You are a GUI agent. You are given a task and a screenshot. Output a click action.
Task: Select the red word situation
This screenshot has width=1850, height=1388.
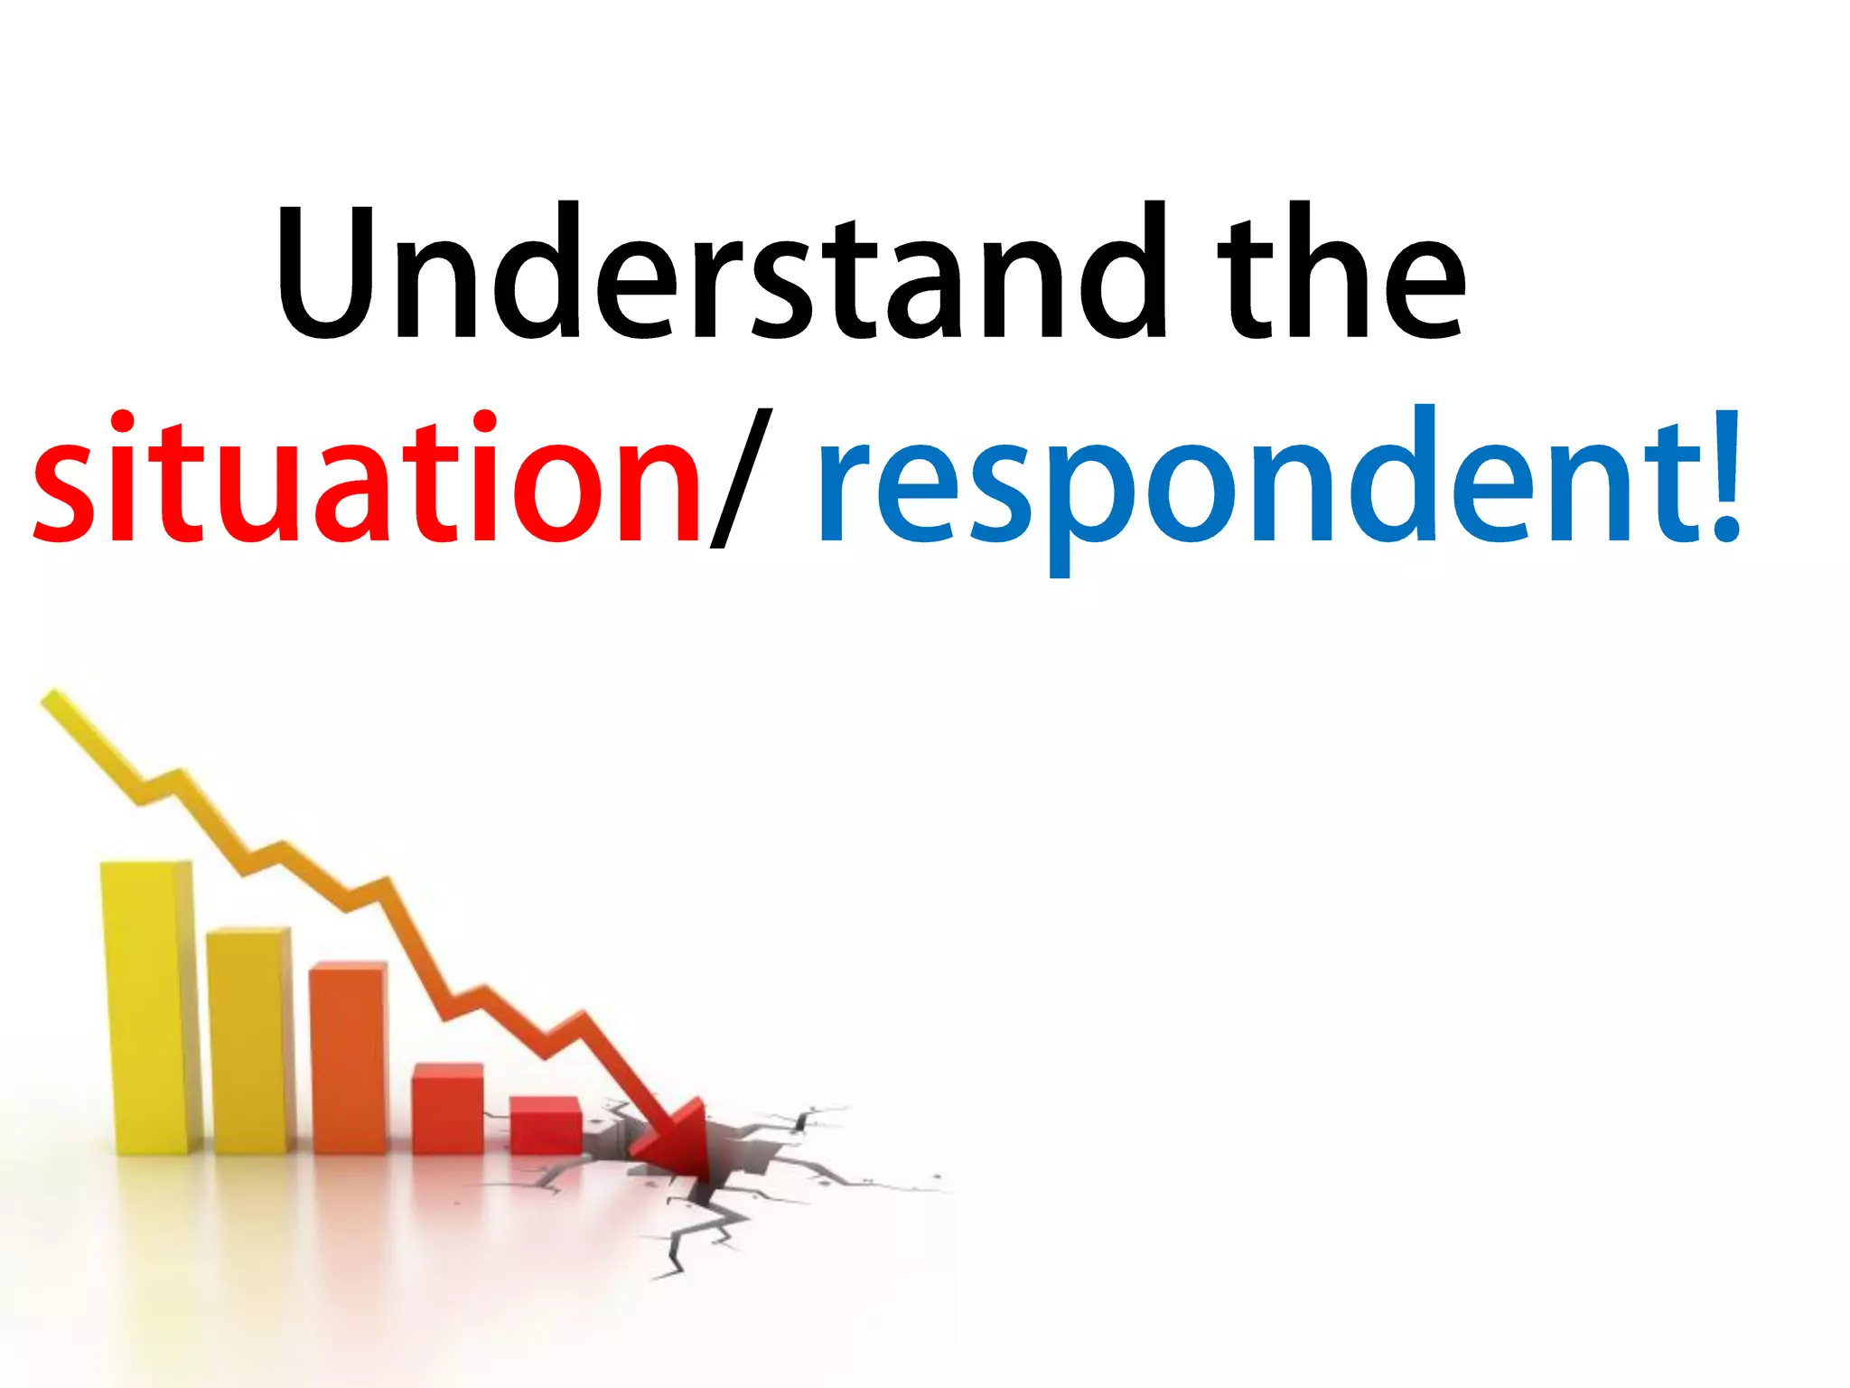(x=366, y=479)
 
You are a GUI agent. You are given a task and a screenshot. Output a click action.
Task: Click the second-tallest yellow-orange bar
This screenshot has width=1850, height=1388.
(x=248, y=1039)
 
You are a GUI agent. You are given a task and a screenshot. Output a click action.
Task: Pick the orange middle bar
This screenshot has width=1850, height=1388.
(x=348, y=1057)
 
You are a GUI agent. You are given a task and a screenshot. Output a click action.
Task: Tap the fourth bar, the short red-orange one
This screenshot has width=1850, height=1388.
(x=447, y=1108)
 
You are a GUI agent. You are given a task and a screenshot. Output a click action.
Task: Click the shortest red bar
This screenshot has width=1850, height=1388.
(x=545, y=1124)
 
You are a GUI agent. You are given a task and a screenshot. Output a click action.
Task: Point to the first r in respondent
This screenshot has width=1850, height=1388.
(x=845, y=492)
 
